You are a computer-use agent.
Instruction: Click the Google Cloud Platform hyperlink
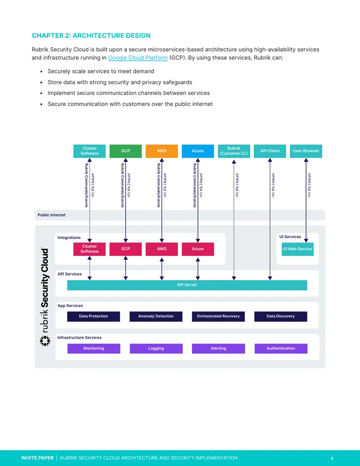[138, 58]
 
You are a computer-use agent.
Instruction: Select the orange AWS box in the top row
[162, 151]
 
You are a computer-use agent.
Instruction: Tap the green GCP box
[126, 151]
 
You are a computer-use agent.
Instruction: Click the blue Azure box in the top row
[198, 151]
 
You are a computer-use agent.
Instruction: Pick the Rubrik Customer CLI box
[234, 151]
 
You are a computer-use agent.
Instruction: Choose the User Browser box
[306, 151]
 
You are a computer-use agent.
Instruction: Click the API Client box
[270, 151]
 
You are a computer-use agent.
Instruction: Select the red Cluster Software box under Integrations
[90, 249]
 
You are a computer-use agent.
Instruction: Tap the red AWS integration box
[162, 249]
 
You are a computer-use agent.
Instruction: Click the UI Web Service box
[297, 249]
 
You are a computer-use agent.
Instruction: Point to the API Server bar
[187, 285]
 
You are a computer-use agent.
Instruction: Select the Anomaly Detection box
[156, 317]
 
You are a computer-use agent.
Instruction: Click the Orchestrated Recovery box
[218, 317]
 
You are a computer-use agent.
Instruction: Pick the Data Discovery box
[281, 317]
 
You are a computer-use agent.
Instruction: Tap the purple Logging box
[156, 348]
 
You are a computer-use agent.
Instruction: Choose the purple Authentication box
[281, 348]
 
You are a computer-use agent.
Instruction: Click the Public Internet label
[51, 215]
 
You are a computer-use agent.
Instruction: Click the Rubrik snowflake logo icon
[45, 341]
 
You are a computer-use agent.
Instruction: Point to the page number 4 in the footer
[332, 458]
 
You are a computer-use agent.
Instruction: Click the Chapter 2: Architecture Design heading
[91, 36]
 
